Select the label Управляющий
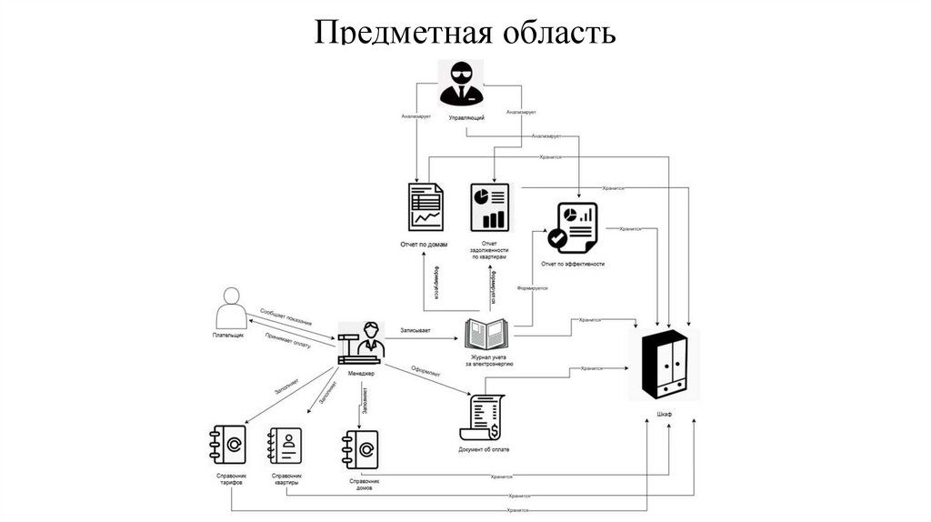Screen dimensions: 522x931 tap(466, 119)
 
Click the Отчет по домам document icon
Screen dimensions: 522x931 tap(425, 206)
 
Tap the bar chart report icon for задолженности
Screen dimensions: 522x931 tap(489, 206)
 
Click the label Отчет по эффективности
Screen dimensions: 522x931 tap(572, 264)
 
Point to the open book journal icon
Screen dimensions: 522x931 tap(488, 334)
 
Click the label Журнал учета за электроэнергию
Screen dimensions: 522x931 tap(489, 359)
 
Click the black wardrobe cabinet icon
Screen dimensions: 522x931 tap(664, 366)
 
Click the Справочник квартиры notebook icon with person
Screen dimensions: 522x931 tap(284, 447)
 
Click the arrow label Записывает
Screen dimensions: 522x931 tap(415, 329)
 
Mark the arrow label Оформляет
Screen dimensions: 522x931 tap(425, 372)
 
